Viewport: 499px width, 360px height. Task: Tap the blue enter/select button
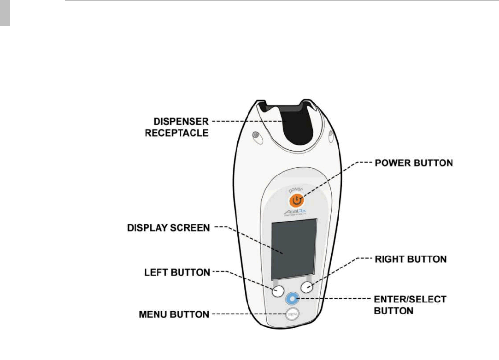[x=292, y=299]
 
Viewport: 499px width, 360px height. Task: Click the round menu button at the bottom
[x=292, y=314]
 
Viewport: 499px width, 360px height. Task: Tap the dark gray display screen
[x=294, y=249]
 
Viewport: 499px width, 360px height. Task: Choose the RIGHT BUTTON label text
[x=411, y=259]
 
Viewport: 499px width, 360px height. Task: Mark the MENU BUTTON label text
[x=174, y=315]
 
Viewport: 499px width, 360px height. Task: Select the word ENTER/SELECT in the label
[x=410, y=299]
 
